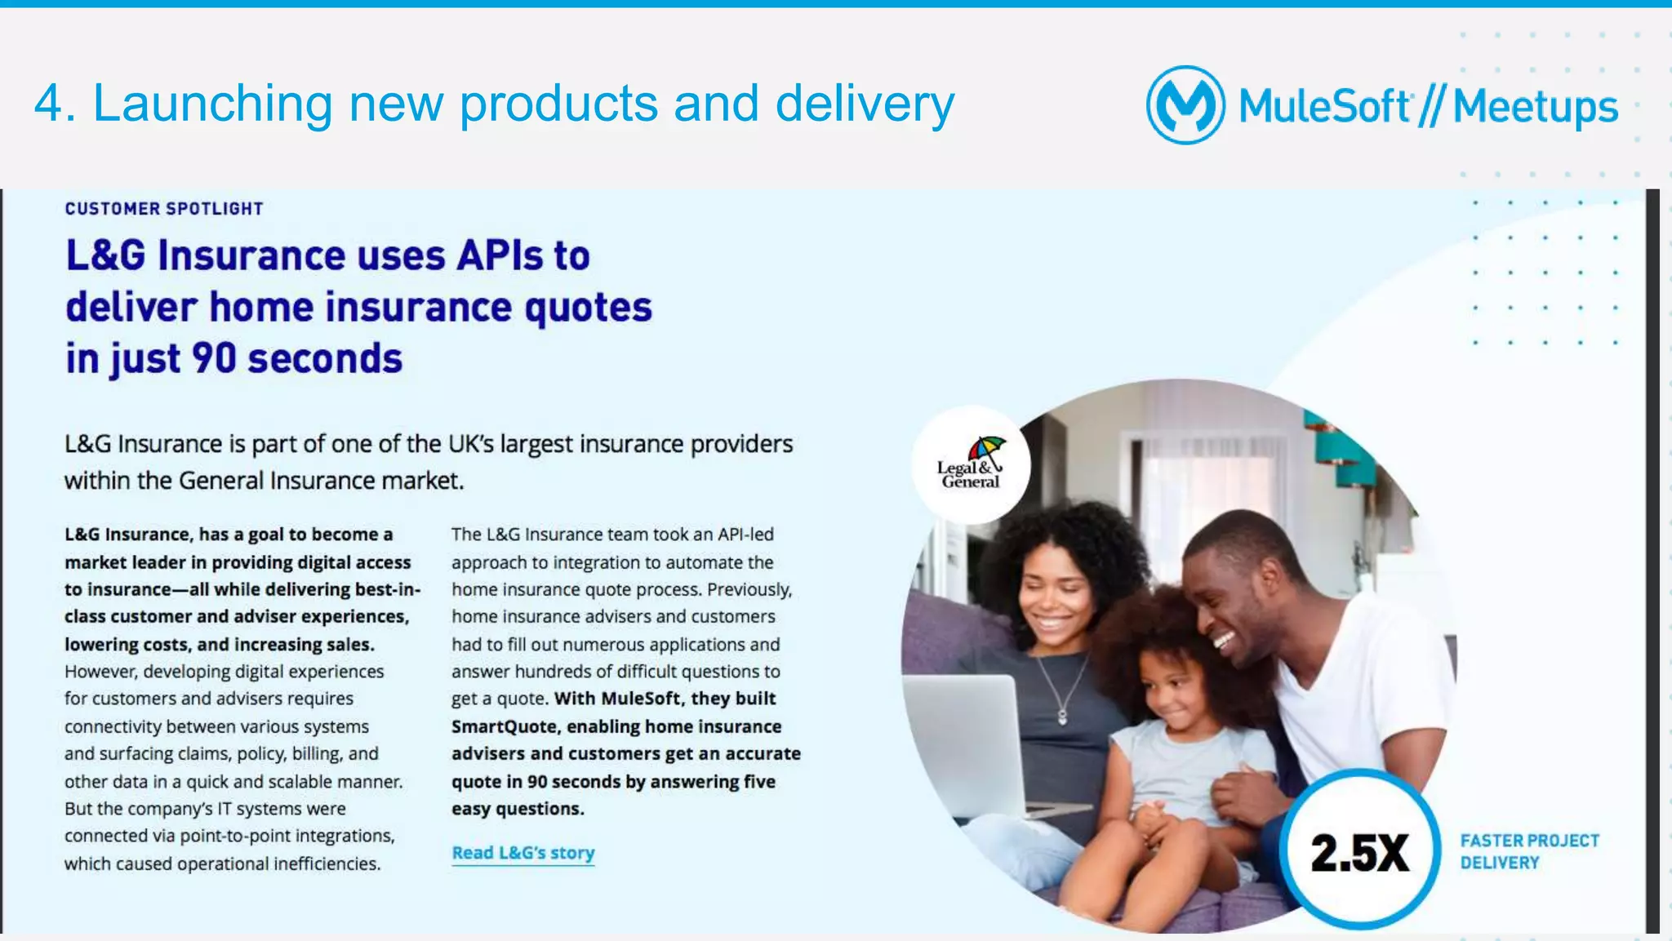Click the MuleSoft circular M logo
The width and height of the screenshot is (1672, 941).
coord(1185,105)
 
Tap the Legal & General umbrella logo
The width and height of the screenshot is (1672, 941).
coord(971,464)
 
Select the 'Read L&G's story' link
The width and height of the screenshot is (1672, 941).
coord(523,853)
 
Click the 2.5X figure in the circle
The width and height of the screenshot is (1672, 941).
coord(1359,853)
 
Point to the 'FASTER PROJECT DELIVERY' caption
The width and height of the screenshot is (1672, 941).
coord(1529,851)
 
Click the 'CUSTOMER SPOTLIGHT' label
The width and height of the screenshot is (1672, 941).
coord(164,209)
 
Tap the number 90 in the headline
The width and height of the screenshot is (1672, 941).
coord(214,359)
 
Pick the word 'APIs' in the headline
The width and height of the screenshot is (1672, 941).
coord(500,255)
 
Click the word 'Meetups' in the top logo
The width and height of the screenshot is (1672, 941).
coord(1535,107)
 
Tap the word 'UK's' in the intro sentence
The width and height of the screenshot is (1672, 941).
coord(471,444)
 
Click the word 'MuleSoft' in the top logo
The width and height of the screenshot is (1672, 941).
coord(1323,107)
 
